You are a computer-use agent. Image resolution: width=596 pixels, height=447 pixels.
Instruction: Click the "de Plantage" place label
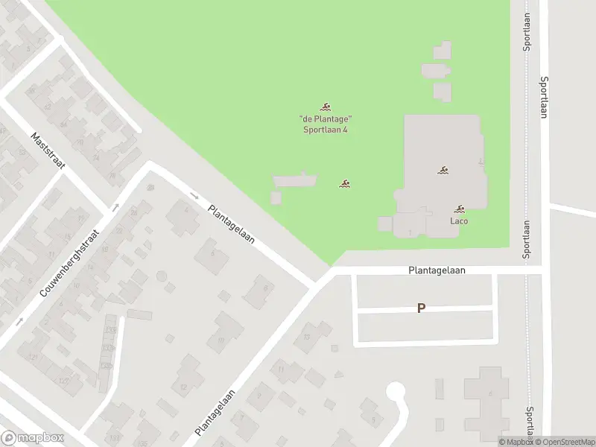(x=325, y=119)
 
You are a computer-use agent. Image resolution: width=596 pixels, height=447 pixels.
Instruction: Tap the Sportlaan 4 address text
(x=325, y=130)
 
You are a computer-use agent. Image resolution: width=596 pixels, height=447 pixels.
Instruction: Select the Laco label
(x=459, y=221)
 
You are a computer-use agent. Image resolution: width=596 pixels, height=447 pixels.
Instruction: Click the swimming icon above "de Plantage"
(x=326, y=107)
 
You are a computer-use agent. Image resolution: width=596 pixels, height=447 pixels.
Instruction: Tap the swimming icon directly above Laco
(x=460, y=209)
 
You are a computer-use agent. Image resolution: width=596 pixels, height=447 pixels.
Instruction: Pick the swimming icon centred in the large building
(x=443, y=171)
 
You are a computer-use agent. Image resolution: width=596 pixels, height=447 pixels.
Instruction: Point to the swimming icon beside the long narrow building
(x=345, y=183)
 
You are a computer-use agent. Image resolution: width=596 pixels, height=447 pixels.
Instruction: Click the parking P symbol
(x=421, y=308)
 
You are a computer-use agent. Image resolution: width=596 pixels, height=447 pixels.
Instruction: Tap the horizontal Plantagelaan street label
(x=437, y=271)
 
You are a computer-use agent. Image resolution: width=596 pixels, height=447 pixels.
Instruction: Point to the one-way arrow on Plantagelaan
(x=195, y=197)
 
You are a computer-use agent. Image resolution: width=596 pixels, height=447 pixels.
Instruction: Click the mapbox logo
(x=32, y=438)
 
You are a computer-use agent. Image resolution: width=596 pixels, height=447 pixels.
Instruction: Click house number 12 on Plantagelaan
(x=183, y=387)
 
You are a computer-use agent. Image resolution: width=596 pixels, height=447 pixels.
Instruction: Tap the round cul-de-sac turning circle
(x=395, y=390)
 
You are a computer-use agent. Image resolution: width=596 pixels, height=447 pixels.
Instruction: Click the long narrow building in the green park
(x=295, y=180)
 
